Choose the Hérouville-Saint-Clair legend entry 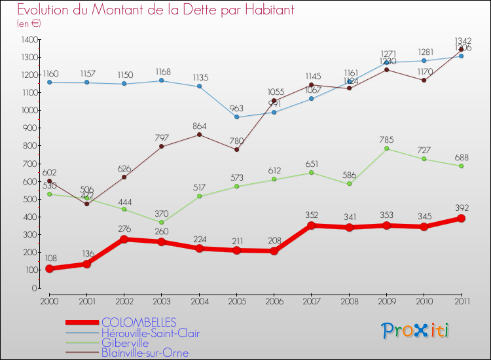[x=150, y=333]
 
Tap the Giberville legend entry [x=124, y=343]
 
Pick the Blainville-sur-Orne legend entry [x=144, y=353]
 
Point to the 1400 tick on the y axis [x=28, y=40]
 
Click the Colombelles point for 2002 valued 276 [x=124, y=239]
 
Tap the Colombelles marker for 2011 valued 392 [x=461, y=219]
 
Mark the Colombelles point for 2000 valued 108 [x=49, y=269]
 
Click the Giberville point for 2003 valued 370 [x=161, y=223]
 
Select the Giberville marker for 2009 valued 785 [x=386, y=149]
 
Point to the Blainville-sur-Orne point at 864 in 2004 [x=199, y=135]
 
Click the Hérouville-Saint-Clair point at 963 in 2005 [x=236, y=117]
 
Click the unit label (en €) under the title [x=29, y=23]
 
